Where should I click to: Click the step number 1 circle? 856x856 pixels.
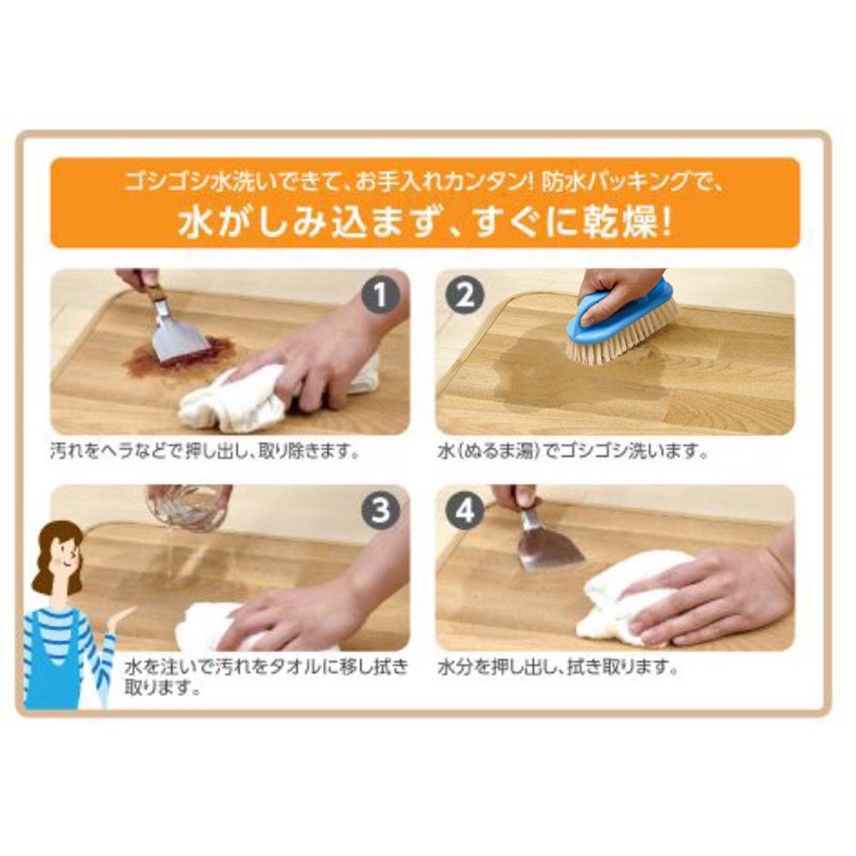point(381,296)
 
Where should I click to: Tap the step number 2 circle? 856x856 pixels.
point(465,296)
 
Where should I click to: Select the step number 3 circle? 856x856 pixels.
point(381,510)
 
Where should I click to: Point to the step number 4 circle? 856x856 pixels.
point(465,510)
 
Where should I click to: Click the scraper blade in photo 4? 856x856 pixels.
point(549,548)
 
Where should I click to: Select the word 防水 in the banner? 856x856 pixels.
point(563,181)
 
